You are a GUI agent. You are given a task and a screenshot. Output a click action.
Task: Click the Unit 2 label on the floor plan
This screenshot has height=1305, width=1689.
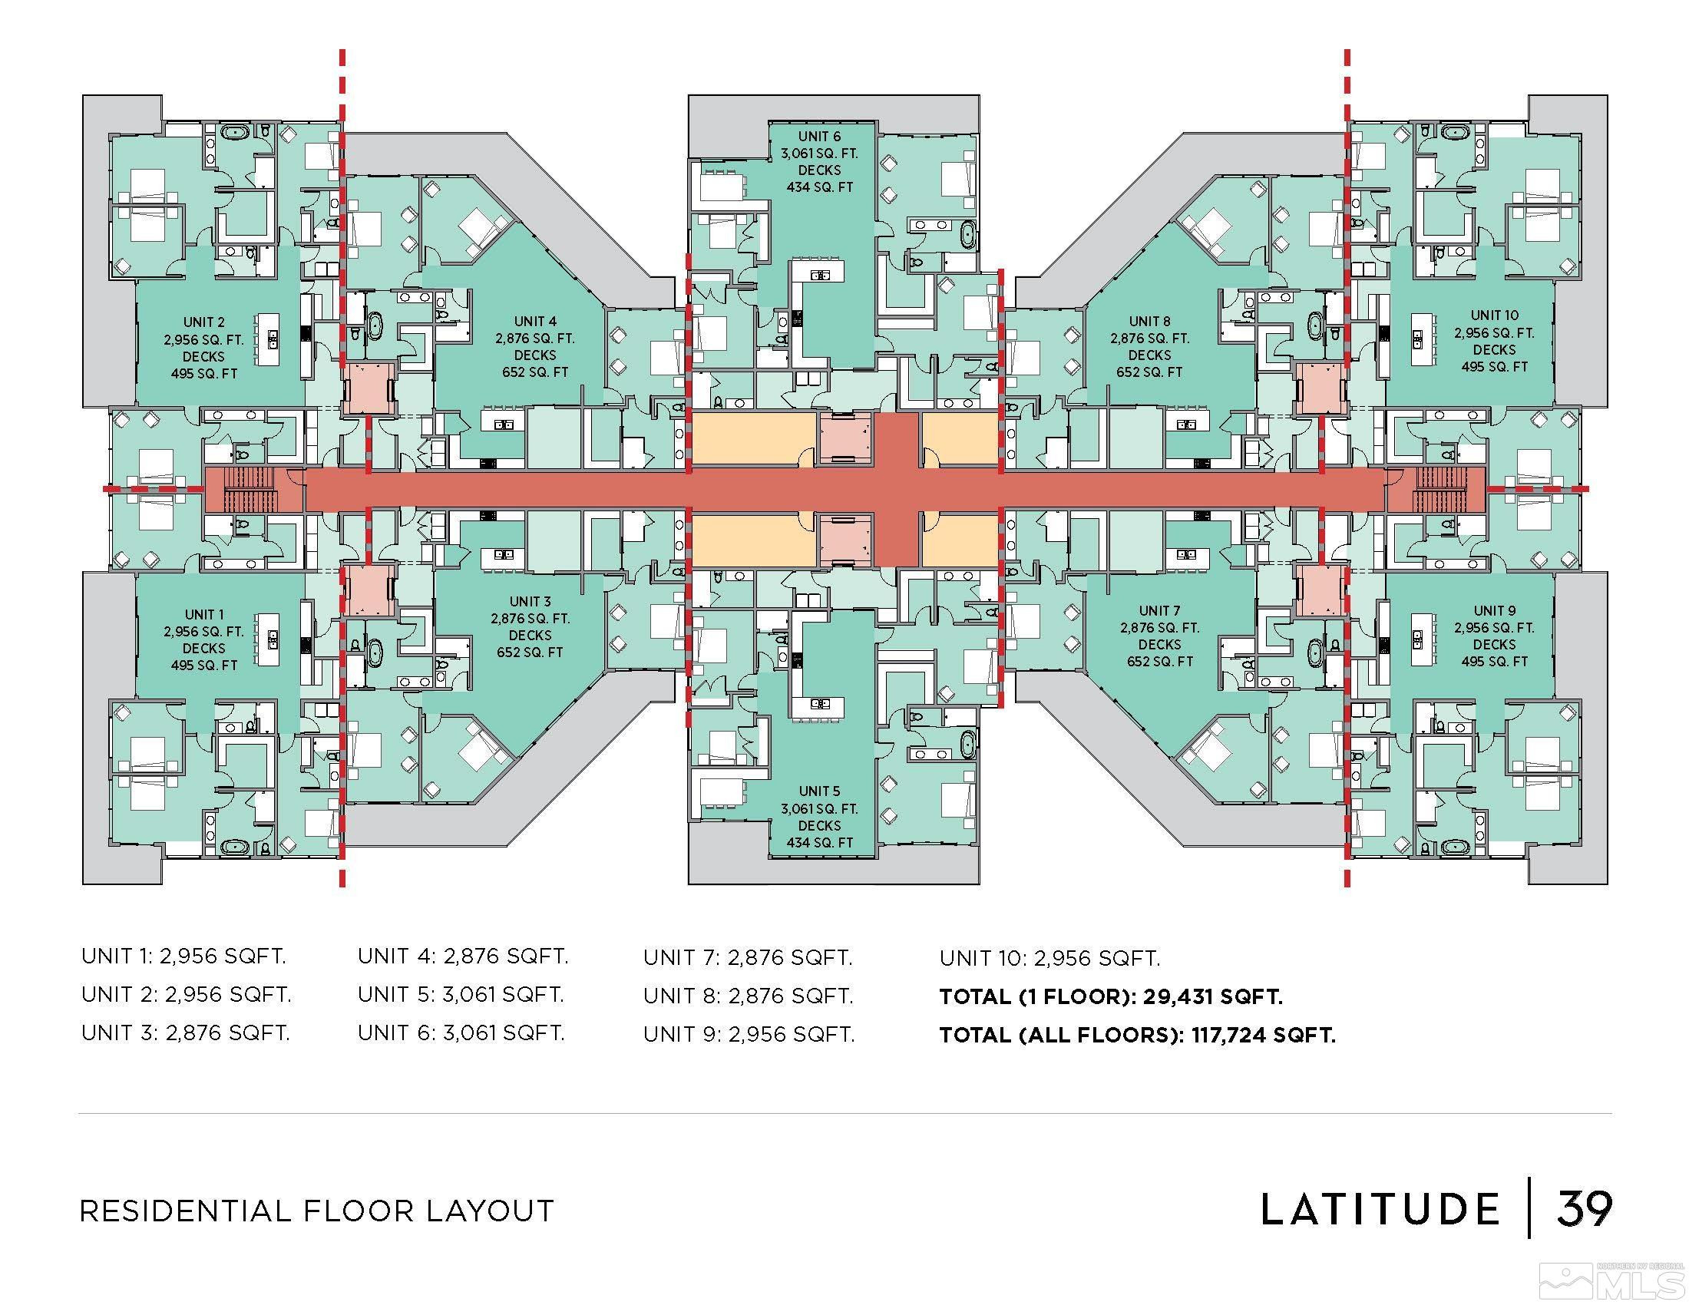(204, 322)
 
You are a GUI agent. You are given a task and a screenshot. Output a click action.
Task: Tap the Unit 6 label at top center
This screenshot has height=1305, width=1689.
(819, 137)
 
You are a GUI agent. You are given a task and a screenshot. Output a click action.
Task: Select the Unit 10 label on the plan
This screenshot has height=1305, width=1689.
(1494, 316)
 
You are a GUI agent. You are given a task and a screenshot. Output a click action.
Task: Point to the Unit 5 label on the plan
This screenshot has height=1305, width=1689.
(819, 791)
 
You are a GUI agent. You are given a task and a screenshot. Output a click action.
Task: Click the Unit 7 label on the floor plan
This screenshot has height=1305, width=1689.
(1159, 611)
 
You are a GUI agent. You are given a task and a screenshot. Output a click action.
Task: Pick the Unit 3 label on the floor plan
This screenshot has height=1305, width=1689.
(530, 602)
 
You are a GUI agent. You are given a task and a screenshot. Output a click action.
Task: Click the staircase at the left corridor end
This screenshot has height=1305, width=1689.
(249, 490)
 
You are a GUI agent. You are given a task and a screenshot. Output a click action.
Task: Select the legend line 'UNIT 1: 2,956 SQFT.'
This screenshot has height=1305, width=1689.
(183, 956)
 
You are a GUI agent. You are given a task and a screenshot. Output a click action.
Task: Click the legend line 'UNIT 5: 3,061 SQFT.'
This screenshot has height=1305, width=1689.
(460, 994)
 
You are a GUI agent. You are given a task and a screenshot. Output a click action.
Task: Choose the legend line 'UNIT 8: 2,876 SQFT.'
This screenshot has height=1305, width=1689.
(748, 996)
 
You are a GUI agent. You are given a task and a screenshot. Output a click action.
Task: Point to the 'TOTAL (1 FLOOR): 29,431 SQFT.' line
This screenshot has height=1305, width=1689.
(1111, 996)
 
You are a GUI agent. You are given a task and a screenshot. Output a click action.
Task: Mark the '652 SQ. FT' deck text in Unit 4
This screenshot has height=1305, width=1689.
(535, 372)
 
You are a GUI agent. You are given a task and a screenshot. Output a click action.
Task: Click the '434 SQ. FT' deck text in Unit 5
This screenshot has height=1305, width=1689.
(819, 843)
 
